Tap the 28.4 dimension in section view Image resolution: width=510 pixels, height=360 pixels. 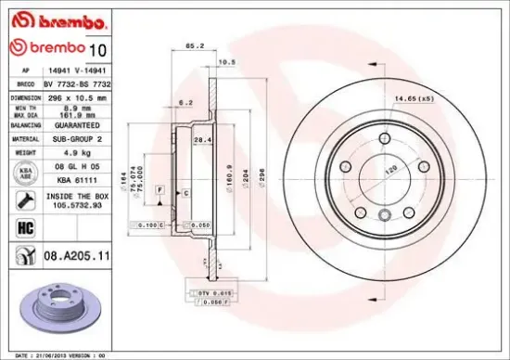click(198, 140)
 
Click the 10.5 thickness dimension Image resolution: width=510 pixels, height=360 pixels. click(224, 63)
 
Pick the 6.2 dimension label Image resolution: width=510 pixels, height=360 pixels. click(185, 102)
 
